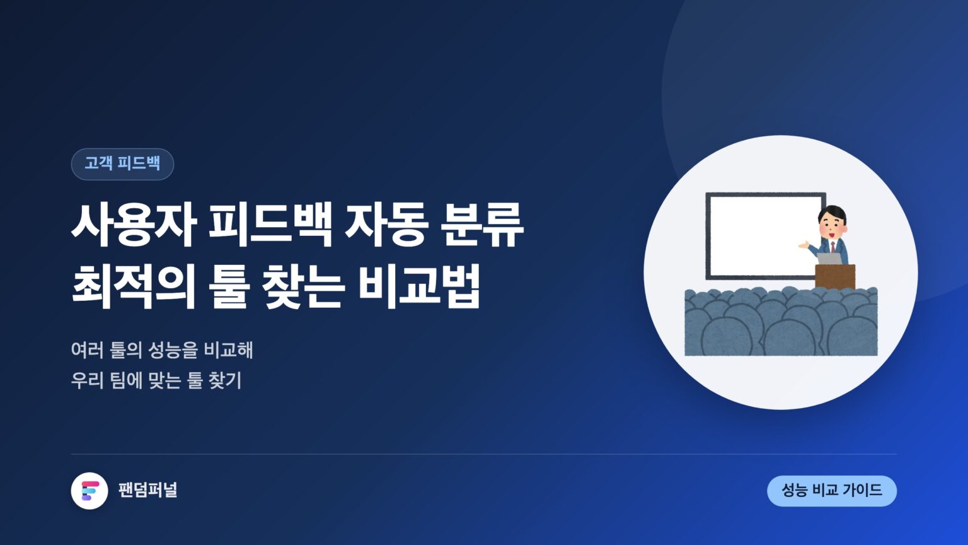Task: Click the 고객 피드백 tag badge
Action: [122, 164]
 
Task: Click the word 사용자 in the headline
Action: [134, 225]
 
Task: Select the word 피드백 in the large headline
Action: [270, 225]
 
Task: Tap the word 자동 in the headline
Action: [386, 225]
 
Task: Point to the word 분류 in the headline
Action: [482, 225]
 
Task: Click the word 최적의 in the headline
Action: [134, 286]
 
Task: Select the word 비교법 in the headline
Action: [420, 286]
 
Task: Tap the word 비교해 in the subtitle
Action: [228, 349]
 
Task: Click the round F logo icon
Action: [89, 491]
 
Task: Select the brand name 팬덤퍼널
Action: [148, 490]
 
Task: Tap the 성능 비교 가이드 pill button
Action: [832, 491]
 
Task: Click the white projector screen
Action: [766, 236]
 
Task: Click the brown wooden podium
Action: [835, 277]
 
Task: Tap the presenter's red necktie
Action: [833, 247]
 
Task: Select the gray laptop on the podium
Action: [829, 259]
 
